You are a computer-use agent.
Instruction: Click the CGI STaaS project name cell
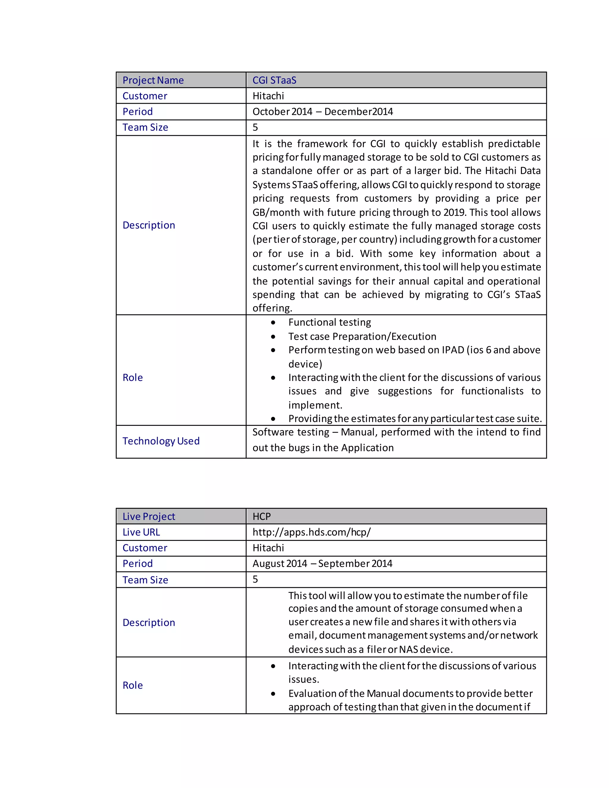[x=274, y=80]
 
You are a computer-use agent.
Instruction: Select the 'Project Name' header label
[x=153, y=80]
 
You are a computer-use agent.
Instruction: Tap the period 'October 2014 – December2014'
[x=323, y=112]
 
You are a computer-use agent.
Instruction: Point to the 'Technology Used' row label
[x=161, y=441]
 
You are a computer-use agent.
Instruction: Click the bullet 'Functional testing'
[x=329, y=322]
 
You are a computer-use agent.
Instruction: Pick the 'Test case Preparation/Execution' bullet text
[x=362, y=336]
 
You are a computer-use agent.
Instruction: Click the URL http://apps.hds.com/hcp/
[x=311, y=532]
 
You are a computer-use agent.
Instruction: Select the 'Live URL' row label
[x=141, y=532]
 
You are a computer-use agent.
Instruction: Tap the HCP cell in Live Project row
[x=262, y=516]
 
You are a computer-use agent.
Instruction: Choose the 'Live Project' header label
[x=149, y=516]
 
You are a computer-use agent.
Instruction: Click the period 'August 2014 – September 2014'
[x=322, y=563]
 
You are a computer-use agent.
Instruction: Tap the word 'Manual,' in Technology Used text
[x=359, y=432]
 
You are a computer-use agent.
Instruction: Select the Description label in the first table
[x=149, y=225]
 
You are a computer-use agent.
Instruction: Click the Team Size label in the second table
[x=145, y=580]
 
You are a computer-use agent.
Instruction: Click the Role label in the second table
[x=132, y=685]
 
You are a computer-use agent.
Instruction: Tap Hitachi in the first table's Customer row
[x=268, y=96]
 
